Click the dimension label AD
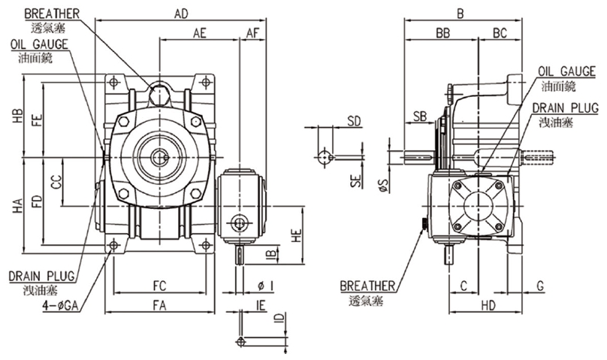click(x=180, y=14)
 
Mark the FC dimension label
click(x=159, y=286)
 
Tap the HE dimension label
click(x=297, y=235)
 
